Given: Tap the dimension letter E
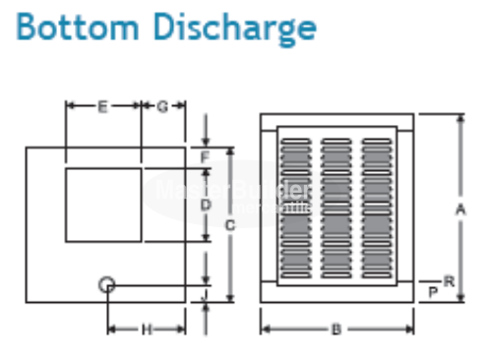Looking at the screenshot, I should (102, 105).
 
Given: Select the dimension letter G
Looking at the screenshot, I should (162, 105).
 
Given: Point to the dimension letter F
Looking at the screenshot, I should (206, 157).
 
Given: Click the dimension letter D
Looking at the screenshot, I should (206, 205).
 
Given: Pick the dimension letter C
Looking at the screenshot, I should (229, 226).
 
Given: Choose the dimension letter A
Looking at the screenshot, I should (460, 209).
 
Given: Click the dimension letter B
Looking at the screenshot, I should (336, 330).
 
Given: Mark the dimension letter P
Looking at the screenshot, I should (434, 292).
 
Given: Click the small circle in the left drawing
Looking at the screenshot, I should (107, 285).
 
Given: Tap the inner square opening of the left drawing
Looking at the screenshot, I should (103, 205).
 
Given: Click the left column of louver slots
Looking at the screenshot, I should (296, 207).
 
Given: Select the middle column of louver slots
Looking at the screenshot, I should (337, 207).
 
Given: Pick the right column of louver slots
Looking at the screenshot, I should (377, 207).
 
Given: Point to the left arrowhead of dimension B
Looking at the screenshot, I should (264, 330).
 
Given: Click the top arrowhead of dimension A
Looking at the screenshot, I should (460, 118).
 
